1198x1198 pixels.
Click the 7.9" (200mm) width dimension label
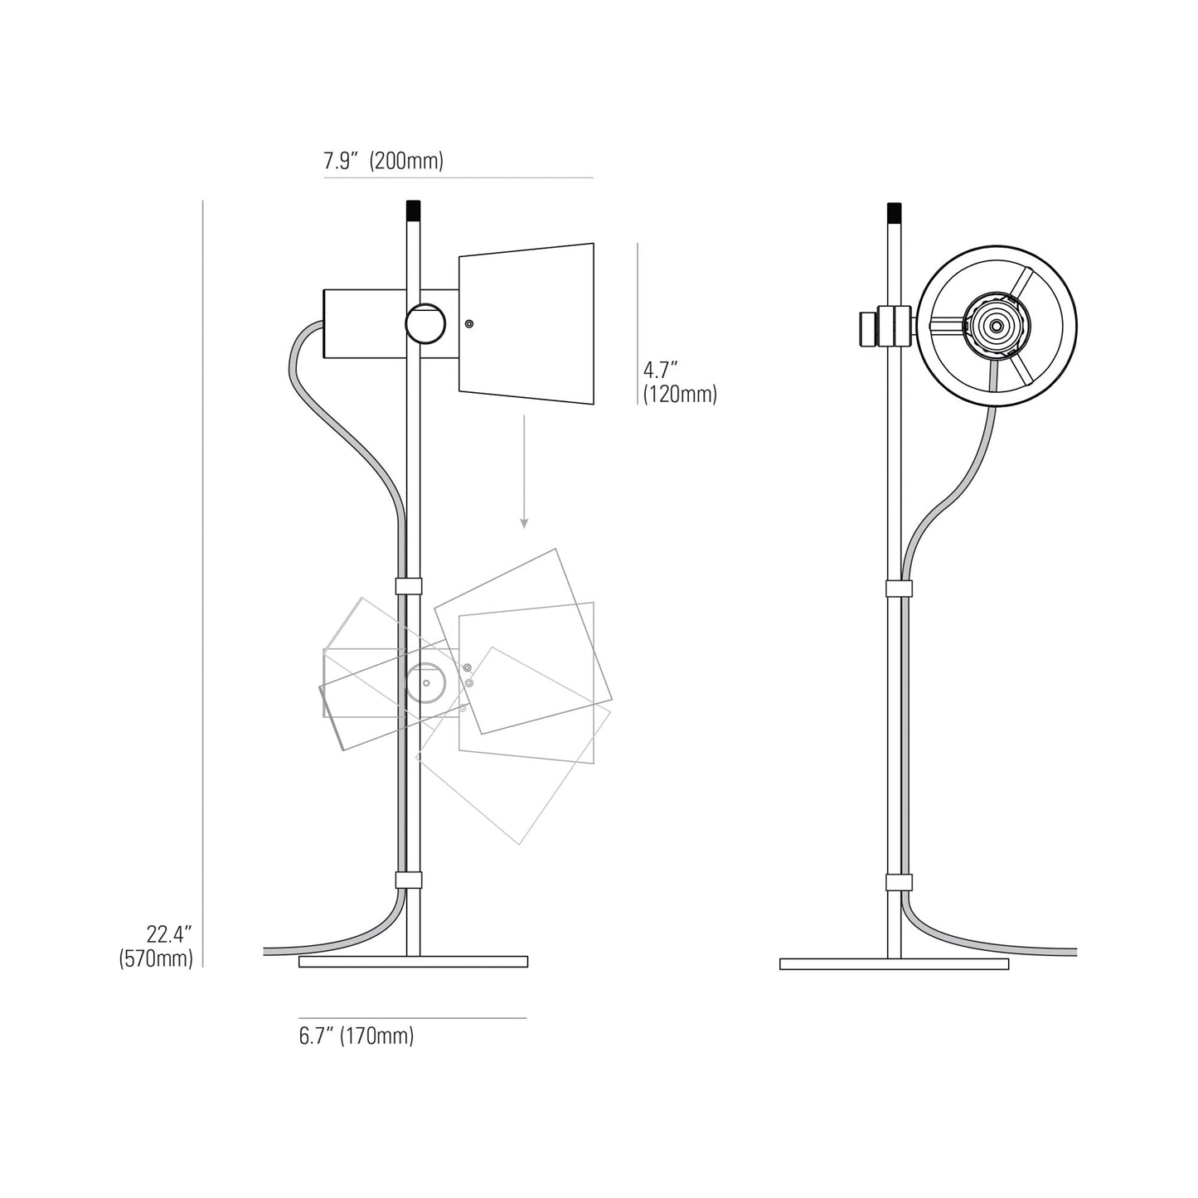click(x=383, y=161)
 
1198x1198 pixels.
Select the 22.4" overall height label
click(x=170, y=934)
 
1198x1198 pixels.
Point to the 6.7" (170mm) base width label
click(x=356, y=1036)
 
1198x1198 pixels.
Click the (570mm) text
click(x=156, y=959)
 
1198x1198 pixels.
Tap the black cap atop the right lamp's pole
click(x=894, y=212)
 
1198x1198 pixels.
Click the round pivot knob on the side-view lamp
click(x=424, y=323)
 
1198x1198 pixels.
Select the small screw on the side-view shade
click(x=470, y=324)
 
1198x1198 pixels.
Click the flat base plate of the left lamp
click(x=413, y=962)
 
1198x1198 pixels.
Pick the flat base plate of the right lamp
click(x=894, y=964)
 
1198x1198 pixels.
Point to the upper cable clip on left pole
click(x=409, y=586)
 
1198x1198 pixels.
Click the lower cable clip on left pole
click(x=409, y=880)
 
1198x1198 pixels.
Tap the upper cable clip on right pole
click(x=899, y=589)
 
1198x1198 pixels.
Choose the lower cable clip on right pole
click(x=899, y=882)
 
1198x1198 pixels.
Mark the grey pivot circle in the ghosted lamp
click(x=425, y=683)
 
